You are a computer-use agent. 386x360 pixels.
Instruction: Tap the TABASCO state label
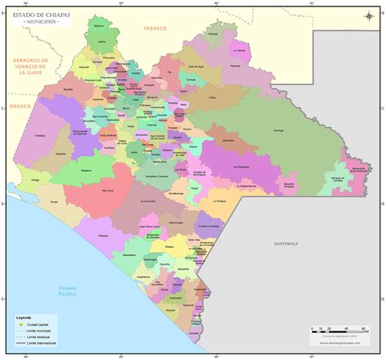pyautogui.click(x=154, y=29)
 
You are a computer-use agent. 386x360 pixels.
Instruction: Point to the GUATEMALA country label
pyautogui.click(x=287, y=244)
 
